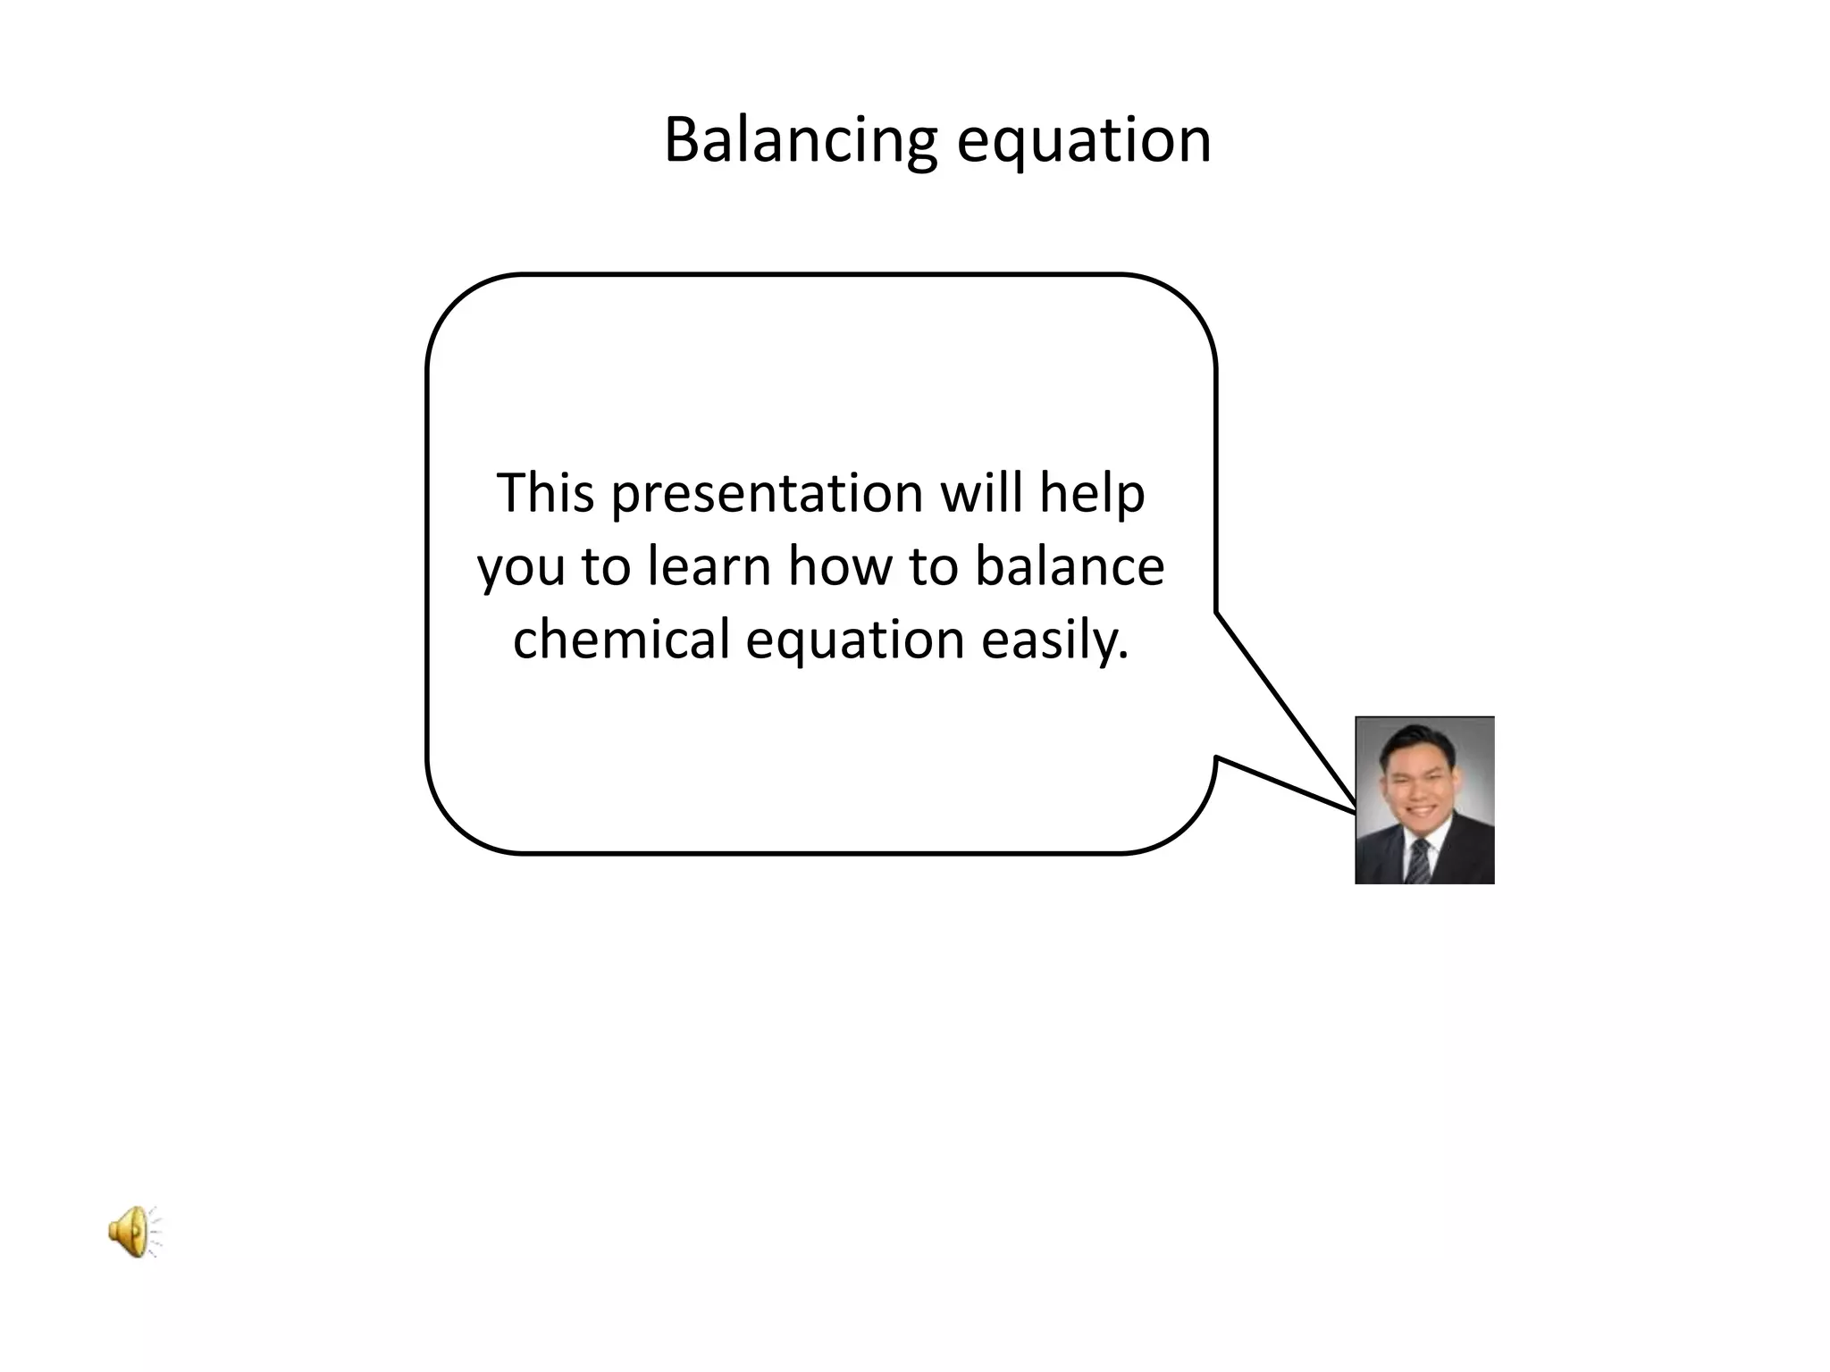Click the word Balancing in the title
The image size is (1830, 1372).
pos(800,141)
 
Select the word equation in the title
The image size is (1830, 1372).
pos(1084,141)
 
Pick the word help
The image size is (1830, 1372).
pos(1091,494)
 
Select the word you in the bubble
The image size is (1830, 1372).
pos(521,568)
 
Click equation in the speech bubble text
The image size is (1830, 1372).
pos(855,641)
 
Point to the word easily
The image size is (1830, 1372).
pos(1049,641)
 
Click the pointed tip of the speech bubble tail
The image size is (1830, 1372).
pos(1355,810)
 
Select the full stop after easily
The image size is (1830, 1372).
pos(1123,658)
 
